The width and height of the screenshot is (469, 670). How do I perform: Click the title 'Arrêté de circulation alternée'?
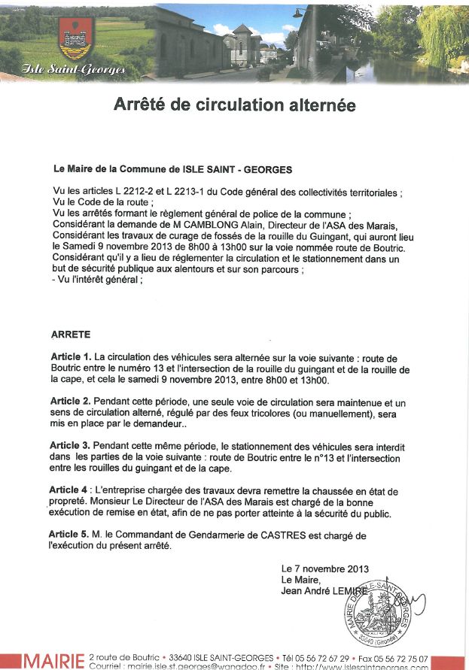click(234, 105)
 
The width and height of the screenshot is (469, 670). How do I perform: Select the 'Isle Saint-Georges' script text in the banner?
click(75, 70)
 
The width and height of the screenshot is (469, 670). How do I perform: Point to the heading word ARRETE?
click(71, 333)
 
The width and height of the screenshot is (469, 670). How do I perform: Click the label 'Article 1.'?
click(71, 356)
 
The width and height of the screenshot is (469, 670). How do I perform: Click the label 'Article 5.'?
click(71, 535)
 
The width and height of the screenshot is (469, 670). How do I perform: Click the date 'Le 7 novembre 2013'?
click(324, 569)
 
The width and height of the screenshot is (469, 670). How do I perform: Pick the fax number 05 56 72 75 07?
click(404, 658)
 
